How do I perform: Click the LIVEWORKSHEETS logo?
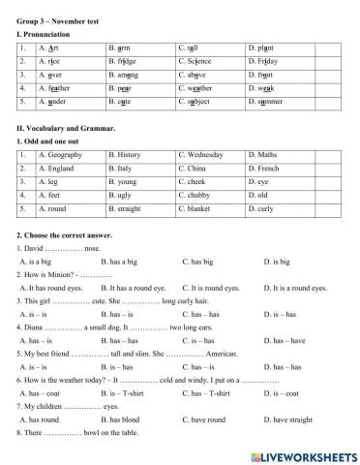coord(301,455)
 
